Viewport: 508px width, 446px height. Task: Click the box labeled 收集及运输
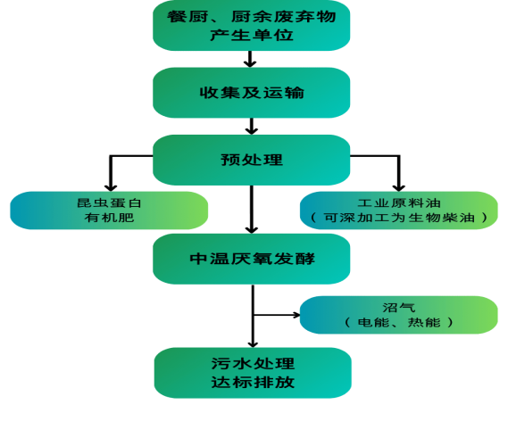[x=252, y=93]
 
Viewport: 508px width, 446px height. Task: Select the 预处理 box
[x=252, y=160]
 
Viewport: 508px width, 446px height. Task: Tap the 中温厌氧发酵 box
[x=252, y=259]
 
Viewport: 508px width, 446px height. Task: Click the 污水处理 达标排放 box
[x=253, y=373]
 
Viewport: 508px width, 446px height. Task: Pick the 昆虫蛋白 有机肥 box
[x=109, y=211]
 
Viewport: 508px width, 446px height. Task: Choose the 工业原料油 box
[x=399, y=211]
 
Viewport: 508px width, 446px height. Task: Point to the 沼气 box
[x=399, y=315]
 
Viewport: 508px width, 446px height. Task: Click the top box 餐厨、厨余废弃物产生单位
[x=252, y=25]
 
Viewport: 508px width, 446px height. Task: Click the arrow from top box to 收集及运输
[x=250, y=59]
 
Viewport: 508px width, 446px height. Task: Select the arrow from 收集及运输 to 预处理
[x=252, y=127]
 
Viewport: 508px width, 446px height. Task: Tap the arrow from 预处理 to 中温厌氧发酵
[x=252, y=210]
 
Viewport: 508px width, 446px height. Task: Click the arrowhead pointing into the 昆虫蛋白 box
[x=111, y=187]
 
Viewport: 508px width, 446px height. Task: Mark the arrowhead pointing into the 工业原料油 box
[x=399, y=187]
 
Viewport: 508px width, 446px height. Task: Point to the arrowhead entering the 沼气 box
[x=296, y=315]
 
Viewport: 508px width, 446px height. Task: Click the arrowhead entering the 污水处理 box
[x=253, y=344]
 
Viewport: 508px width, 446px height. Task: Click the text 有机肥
[x=109, y=218]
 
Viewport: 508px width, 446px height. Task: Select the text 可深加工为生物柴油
[x=399, y=218]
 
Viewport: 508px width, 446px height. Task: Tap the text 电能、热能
[x=399, y=322]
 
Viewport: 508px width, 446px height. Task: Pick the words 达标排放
[x=253, y=383]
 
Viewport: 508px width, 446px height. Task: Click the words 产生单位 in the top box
[x=252, y=35]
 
